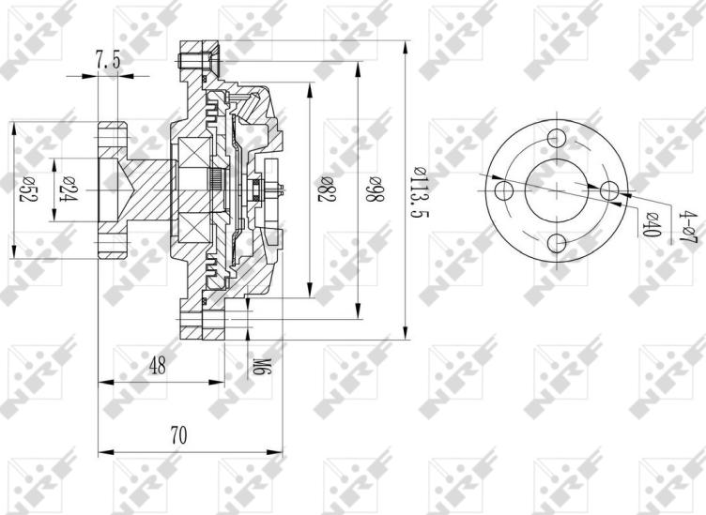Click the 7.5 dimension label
coord(108,60)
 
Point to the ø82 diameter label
coord(326,191)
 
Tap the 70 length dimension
coord(178,435)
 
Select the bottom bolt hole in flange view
coord(558,244)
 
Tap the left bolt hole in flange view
coord(504,191)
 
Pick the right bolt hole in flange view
coord(610,190)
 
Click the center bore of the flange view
coord(558,190)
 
